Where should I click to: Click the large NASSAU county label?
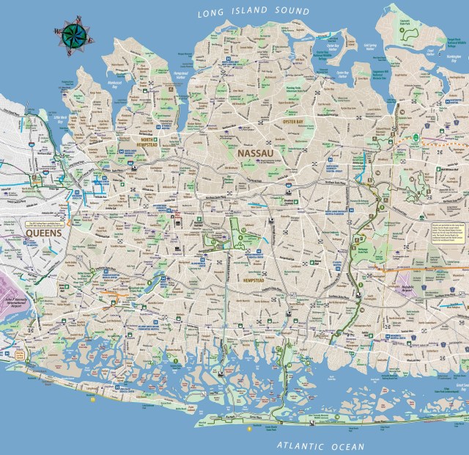255,153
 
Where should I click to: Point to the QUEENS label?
43,233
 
